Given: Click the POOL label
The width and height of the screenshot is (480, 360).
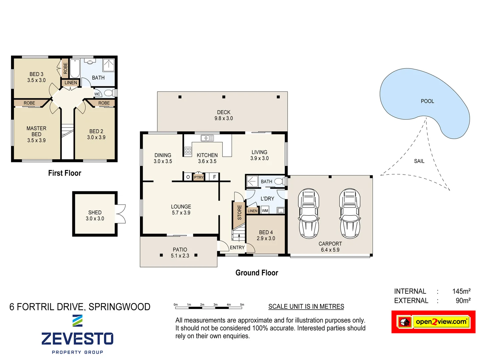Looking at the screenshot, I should pos(427,101).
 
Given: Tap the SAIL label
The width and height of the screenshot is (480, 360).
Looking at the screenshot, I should pos(419,161).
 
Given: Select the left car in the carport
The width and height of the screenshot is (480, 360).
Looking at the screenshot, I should pos(309,213).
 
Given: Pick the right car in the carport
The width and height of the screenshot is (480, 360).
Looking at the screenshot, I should pos(350,213).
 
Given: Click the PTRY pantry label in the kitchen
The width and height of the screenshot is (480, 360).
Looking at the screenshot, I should pos(199,177).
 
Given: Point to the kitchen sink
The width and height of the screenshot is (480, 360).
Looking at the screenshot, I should pos(207,138).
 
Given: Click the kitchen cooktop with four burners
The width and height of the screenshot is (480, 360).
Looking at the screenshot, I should pos(188,150).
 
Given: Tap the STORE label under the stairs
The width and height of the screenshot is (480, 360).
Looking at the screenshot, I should pos(239,212).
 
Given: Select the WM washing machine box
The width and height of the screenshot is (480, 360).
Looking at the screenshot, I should pos(265,211).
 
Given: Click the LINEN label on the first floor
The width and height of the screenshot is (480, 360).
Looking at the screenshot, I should pos(71,83).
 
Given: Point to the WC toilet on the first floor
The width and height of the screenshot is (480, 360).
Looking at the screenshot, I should pos(108,93).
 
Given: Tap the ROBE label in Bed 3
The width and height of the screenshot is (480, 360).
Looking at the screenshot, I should pos(65,68).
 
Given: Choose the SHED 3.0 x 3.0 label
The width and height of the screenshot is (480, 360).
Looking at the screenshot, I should pos(95,215).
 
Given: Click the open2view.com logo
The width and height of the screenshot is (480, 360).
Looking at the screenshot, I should pos(433,322).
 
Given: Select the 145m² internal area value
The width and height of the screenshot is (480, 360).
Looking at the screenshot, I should pos(461,291).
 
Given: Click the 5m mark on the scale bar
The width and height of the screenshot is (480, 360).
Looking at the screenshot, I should pos(242,305).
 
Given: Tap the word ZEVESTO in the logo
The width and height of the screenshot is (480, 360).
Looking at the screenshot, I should pos(77,339).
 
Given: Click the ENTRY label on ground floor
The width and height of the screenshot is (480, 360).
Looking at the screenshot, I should pos(237,247).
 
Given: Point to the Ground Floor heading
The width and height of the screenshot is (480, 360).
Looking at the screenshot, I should pos(257,273).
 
